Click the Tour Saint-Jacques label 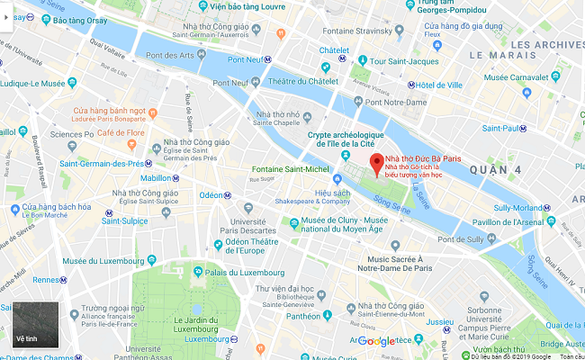tap(390, 61)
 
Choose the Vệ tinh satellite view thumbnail tap(35, 325)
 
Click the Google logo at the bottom tap(375, 341)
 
